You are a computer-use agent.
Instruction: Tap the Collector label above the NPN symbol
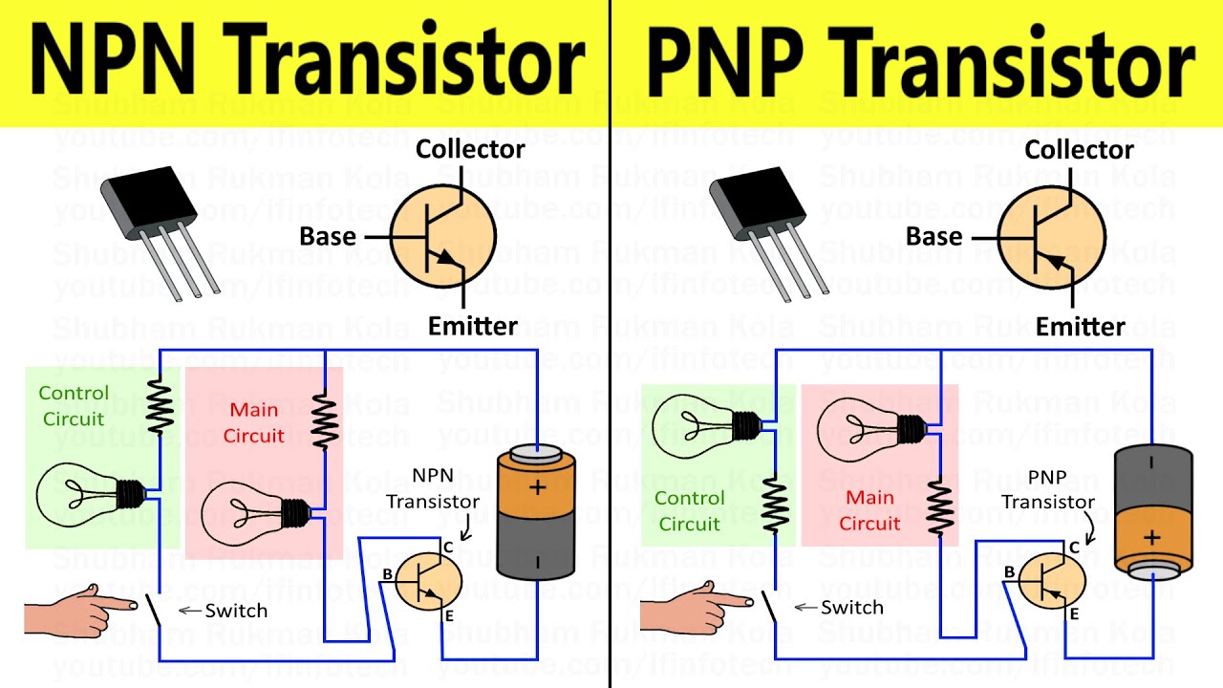coord(470,149)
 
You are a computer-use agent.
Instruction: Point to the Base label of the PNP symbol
coord(933,236)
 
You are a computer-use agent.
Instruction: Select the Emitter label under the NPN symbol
coord(472,326)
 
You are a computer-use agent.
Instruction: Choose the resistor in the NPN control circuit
coord(159,404)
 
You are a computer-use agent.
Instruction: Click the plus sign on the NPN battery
coord(538,488)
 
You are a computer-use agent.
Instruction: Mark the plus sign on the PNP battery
coord(1151,538)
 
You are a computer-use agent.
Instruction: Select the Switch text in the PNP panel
coord(851,608)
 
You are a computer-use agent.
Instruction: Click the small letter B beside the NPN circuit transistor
coord(387,574)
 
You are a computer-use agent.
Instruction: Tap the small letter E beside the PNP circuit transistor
coord(1073,614)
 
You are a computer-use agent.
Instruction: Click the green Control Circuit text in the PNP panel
coord(690,510)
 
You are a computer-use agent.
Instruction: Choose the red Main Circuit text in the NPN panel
coord(253,422)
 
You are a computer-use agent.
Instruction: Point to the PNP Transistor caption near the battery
coord(1048,489)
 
